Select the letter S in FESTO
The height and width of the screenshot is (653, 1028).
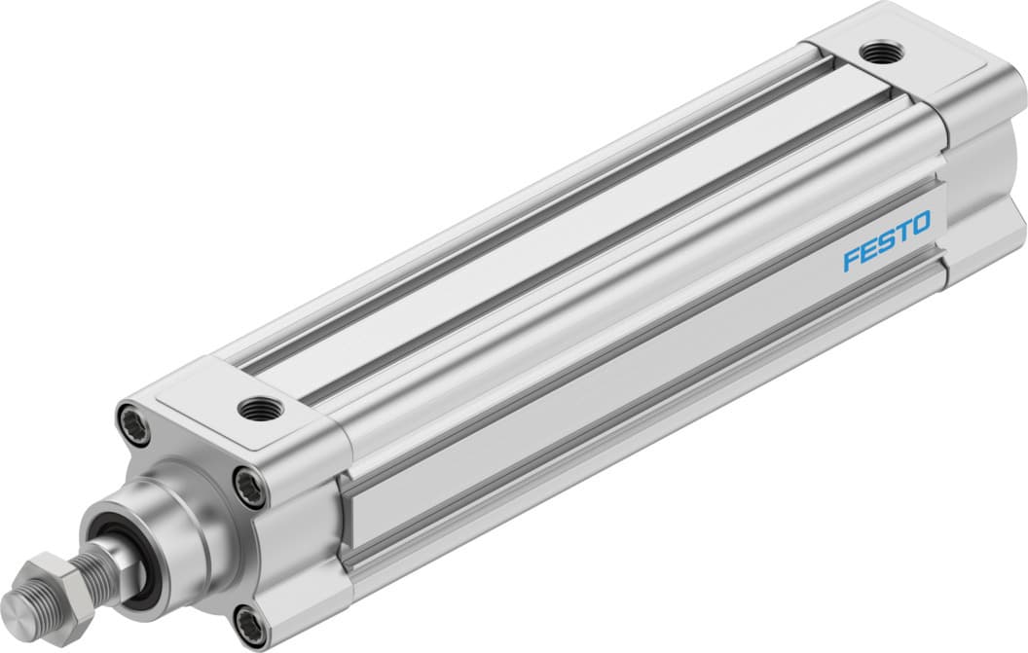tap(885, 241)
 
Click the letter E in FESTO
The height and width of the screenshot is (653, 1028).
tap(868, 250)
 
